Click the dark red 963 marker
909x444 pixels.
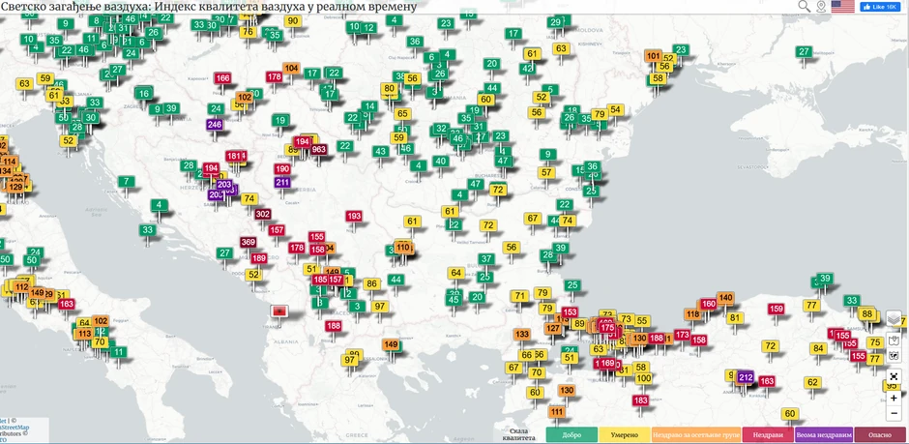pos(318,149)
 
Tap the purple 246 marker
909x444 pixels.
pos(214,125)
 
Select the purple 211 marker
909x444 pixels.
pos(282,182)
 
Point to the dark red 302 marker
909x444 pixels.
pos(262,214)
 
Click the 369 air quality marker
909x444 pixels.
pos(249,242)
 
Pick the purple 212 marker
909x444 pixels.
pos(746,377)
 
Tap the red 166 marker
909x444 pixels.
pos(222,78)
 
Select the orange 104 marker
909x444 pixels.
pos(291,68)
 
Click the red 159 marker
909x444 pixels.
pos(776,309)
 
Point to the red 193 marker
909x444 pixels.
pos(354,216)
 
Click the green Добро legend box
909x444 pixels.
pos(571,435)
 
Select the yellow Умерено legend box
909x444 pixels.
pos(624,435)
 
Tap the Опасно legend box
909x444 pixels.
pos(880,435)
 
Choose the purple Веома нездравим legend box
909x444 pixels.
pos(824,435)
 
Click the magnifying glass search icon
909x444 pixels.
pos(804,7)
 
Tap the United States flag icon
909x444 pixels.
pos(842,7)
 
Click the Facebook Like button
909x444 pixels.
pos(880,7)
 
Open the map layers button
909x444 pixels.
pos(894,318)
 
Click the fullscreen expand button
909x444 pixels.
pos(894,376)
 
